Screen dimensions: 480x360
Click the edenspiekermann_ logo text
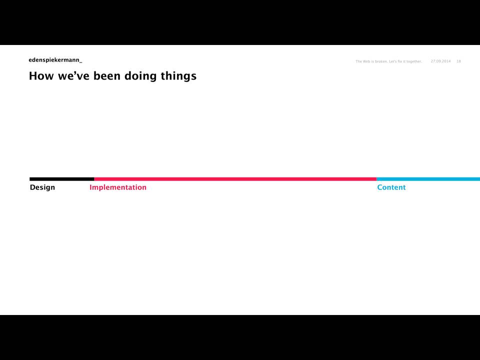coord(55,60)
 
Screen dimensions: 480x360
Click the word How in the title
coord(41,76)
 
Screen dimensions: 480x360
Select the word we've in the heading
coord(73,76)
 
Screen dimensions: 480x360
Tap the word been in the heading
coord(107,76)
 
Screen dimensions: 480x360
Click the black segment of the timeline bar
coord(62,179)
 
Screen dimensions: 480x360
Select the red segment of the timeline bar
coord(235,179)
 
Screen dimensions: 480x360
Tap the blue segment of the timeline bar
coord(428,179)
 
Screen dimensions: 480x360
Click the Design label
coord(42,187)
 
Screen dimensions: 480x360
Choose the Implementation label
coord(118,187)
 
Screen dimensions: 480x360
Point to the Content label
coord(391,187)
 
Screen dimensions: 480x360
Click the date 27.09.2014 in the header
coord(441,61)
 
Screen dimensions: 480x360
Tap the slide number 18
coord(458,61)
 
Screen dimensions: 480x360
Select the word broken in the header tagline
coord(381,61)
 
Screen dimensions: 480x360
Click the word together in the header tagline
coord(414,61)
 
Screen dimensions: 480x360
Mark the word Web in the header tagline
coord(366,61)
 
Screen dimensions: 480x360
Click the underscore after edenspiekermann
coord(81,63)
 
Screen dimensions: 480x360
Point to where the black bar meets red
coord(94,179)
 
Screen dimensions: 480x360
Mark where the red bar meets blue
coord(376,179)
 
